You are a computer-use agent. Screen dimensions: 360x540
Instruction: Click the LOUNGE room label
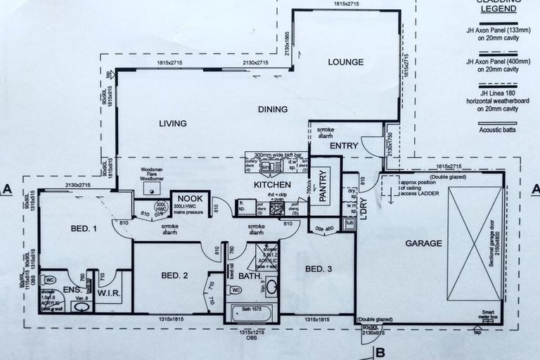coord(345,62)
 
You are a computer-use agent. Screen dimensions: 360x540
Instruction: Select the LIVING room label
coord(172,124)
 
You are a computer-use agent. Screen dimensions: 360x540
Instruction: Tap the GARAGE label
coord(423,243)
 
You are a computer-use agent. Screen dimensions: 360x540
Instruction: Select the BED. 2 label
coord(174,275)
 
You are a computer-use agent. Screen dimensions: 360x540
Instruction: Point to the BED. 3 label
coord(319,269)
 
